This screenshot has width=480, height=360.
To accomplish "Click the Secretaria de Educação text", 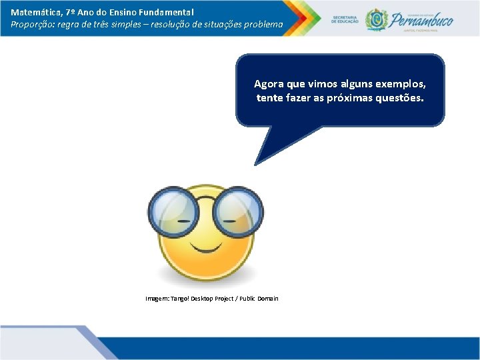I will [344, 19].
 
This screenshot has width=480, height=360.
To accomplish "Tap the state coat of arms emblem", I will [377, 19].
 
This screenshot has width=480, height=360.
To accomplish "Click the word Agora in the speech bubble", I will [268, 85].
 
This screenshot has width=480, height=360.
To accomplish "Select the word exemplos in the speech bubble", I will [401, 85].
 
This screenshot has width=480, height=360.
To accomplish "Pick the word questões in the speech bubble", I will [399, 98].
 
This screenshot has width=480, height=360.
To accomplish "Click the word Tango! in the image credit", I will [180, 299].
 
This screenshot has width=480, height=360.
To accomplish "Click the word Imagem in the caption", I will [157, 299].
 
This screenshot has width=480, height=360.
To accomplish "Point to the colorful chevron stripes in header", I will [297, 17].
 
